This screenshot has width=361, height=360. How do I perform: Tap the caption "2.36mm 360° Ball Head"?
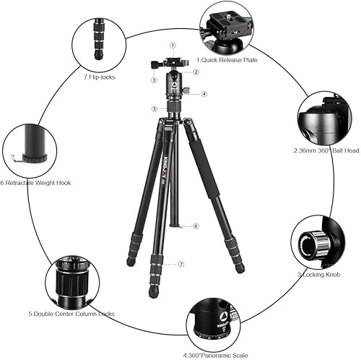[323, 151]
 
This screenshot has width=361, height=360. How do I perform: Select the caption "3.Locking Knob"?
[315, 275]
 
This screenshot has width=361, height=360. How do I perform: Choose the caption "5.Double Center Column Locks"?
[71, 314]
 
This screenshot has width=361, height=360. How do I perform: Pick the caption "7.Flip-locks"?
[99, 76]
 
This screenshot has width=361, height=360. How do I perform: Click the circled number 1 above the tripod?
[173, 46]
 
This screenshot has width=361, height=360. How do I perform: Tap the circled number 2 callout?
[196, 72]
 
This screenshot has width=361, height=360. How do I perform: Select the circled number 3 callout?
[154, 80]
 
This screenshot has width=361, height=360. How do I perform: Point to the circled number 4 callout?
[204, 94]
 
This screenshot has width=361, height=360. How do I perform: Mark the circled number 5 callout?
[154, 108]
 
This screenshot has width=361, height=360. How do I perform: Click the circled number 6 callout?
[195, 226]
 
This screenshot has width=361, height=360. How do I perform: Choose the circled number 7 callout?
[182, 265]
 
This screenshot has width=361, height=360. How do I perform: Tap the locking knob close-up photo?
[313, 242]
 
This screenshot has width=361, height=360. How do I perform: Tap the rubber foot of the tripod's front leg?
[153, 293]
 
